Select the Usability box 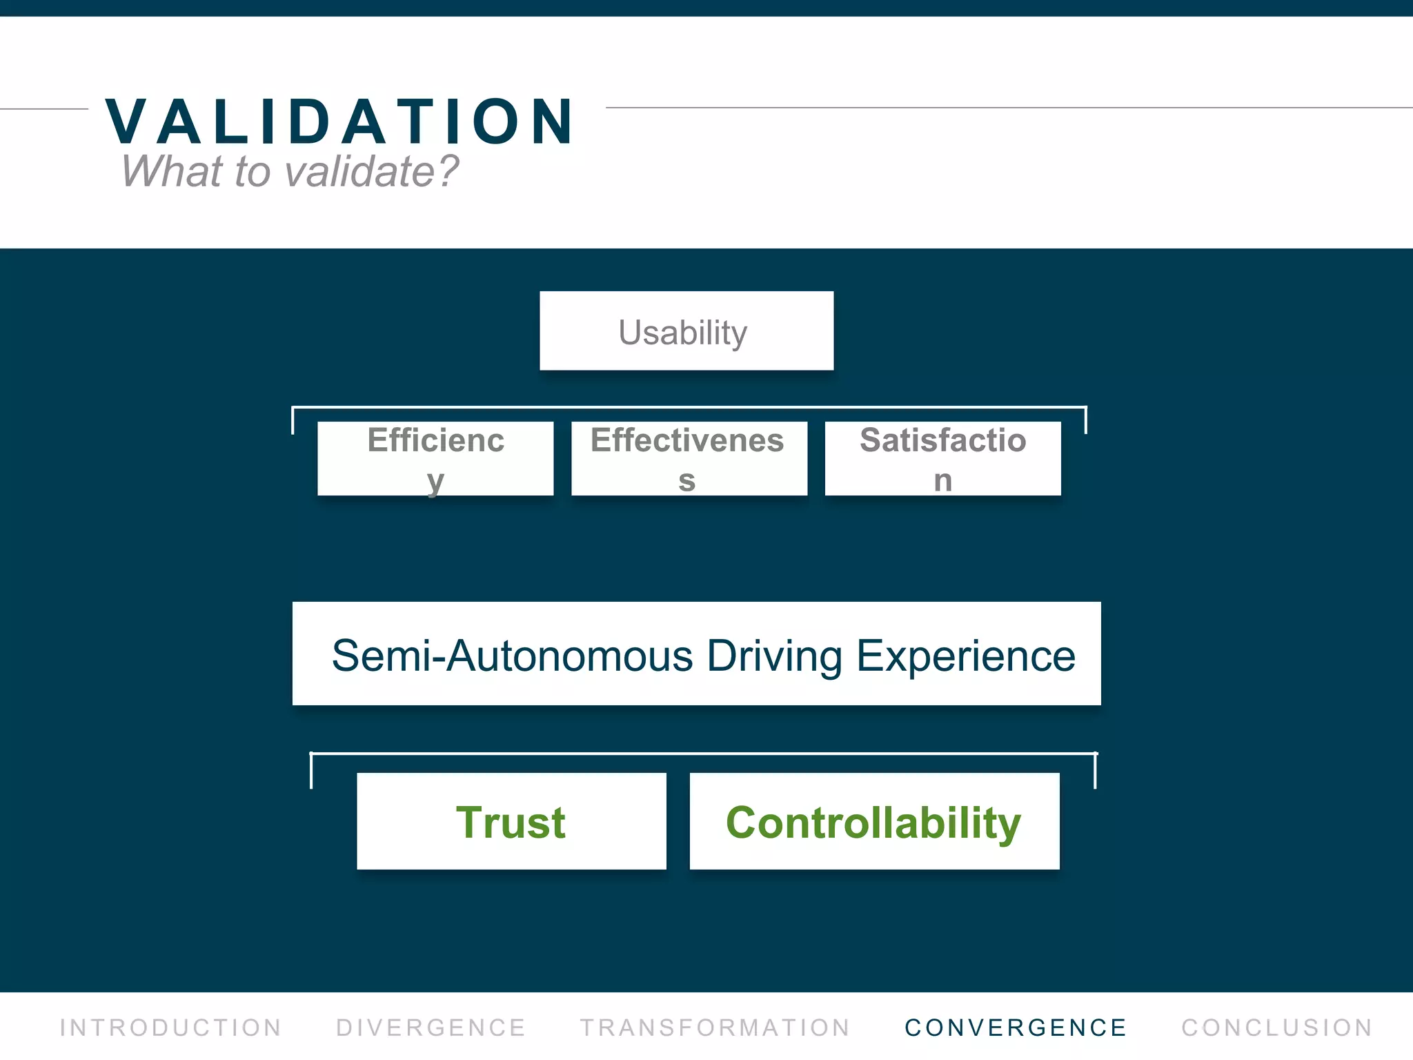pyautogui.click(x=686, y=331)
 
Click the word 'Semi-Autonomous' pyautogui.click(x=512, y=656)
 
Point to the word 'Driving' pyautogui.click(x=774, y=656)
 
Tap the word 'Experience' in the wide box pyautogui.click(x=965, y=656)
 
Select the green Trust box pyautogui.click(x=511, y=822)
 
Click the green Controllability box pyautogui.click(x=873, y=822)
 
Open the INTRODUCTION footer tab pyautogui.click(x=170, y=1028)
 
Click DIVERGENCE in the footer pyautogui.click(x=431, y=1028)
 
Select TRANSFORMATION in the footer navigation pyautogui.click(x=715, y=1028)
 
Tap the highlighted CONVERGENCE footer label pyautogui.click(x=1016, y=1028)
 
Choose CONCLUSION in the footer pyautogui.click(x=1277, y=1028)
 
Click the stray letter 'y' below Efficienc pyautogui.click(x=435, y=482)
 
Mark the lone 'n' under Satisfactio pyautogui.click(x=943, y=480)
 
